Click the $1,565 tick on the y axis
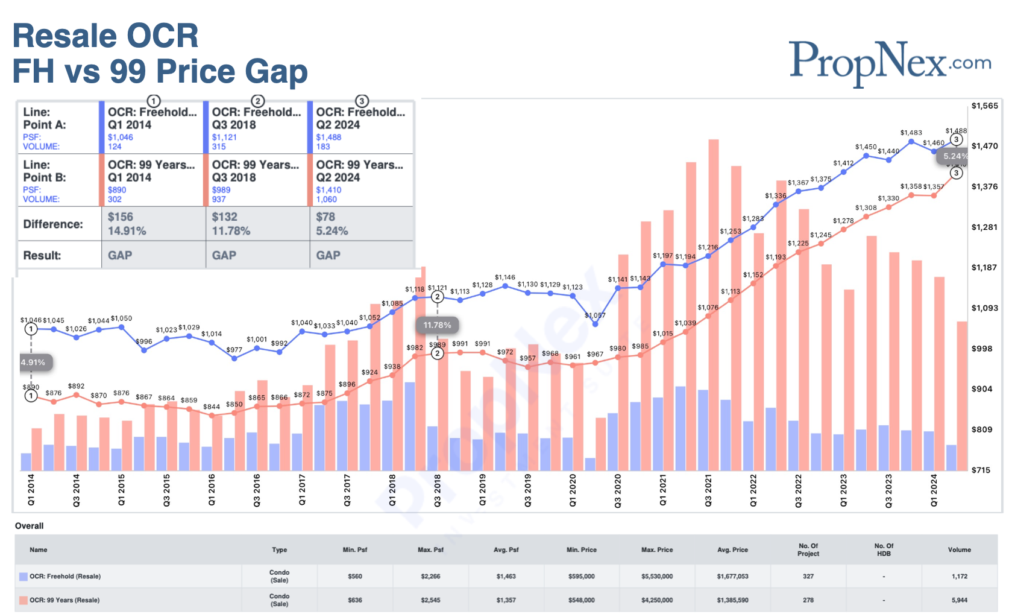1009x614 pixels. click(x=984, y=106)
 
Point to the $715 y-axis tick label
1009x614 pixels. click(x=981, y=470)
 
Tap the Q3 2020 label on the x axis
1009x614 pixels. click(x=618, y=490)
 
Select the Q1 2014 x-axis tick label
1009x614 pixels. click(x=31, y=490)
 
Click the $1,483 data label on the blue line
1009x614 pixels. click(x=911, y=133)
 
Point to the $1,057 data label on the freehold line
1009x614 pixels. click(x=595, y=315)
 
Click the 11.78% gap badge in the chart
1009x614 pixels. click(x=437, y=325)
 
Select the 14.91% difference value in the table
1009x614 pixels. click(x=127, y=231)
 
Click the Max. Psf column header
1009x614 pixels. click(x=430, y=549)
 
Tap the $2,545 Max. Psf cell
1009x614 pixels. click(x=430, y=600)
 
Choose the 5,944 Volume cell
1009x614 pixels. click(x=959, y=600)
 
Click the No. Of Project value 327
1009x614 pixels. click(x=808, y=576)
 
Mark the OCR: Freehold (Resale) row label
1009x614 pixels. click(x=65, y=576)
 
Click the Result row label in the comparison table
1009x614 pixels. click(x=42, y=255)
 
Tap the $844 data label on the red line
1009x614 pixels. click(x=212, y=407)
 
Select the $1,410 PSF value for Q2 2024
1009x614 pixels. click(x=328, y=190)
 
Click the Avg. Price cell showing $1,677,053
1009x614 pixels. click(x=732, y=576)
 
